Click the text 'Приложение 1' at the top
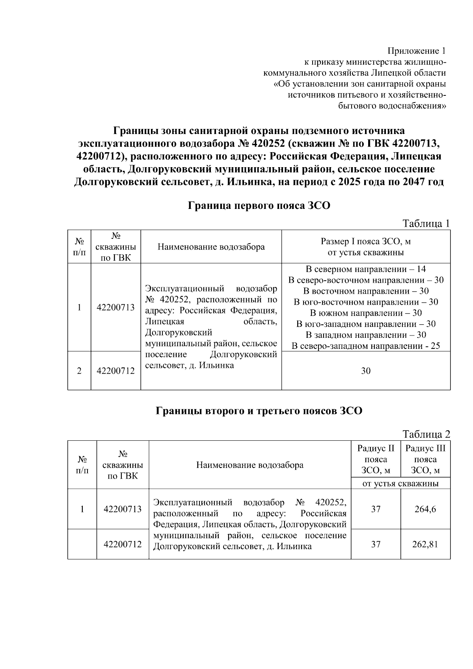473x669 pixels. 417,51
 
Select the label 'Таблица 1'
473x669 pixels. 426,224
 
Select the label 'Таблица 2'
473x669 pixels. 426,434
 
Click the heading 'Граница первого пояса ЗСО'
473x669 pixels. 259,205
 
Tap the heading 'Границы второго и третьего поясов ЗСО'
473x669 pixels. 259,411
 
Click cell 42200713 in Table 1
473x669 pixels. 115,307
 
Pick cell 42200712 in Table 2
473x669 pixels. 123,544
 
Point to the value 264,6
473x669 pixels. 425,509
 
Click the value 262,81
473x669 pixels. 425,544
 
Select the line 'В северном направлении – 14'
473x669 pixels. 366,269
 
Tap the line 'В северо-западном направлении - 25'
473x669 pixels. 366,346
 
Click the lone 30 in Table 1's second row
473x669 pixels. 366,371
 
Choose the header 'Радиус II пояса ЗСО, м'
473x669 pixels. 376,459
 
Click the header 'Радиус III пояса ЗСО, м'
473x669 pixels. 425,459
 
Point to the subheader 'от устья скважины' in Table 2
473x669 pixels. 400,483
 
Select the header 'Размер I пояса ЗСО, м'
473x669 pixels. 366,242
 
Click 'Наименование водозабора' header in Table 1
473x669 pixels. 211,247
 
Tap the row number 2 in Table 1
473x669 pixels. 79,371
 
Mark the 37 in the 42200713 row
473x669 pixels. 376,509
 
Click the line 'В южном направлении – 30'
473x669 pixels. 366,313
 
